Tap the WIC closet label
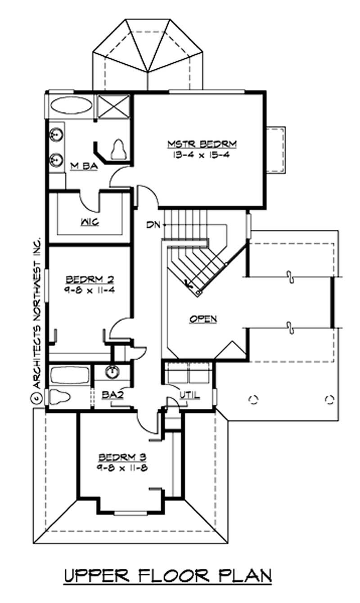(90, 222)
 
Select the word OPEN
(203, 319)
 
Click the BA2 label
(113, 395)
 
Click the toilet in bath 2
(59, 397)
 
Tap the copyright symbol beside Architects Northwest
(36, 398)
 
